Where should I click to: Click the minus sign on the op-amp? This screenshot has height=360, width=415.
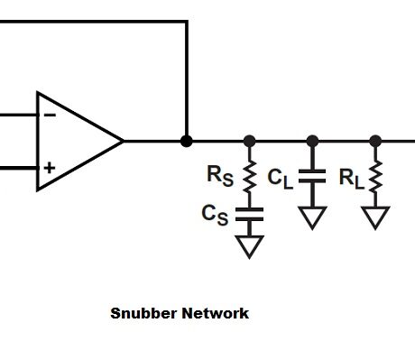tap(49, 115)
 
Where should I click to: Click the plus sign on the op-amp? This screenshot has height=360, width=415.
tap(49, 167)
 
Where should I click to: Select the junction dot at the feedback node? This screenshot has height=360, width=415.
tap(187, 141)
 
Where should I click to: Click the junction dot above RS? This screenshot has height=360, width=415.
tap(250, 141)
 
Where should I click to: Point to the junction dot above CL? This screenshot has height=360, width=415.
tap(312, 141)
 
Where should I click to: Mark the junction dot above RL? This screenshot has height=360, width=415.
tap(375, 141)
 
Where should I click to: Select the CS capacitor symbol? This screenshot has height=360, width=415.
tap(250, 215)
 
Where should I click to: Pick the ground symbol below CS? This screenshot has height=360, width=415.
tap(250, 245)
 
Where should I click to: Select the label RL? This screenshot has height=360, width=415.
tap(351, 178)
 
